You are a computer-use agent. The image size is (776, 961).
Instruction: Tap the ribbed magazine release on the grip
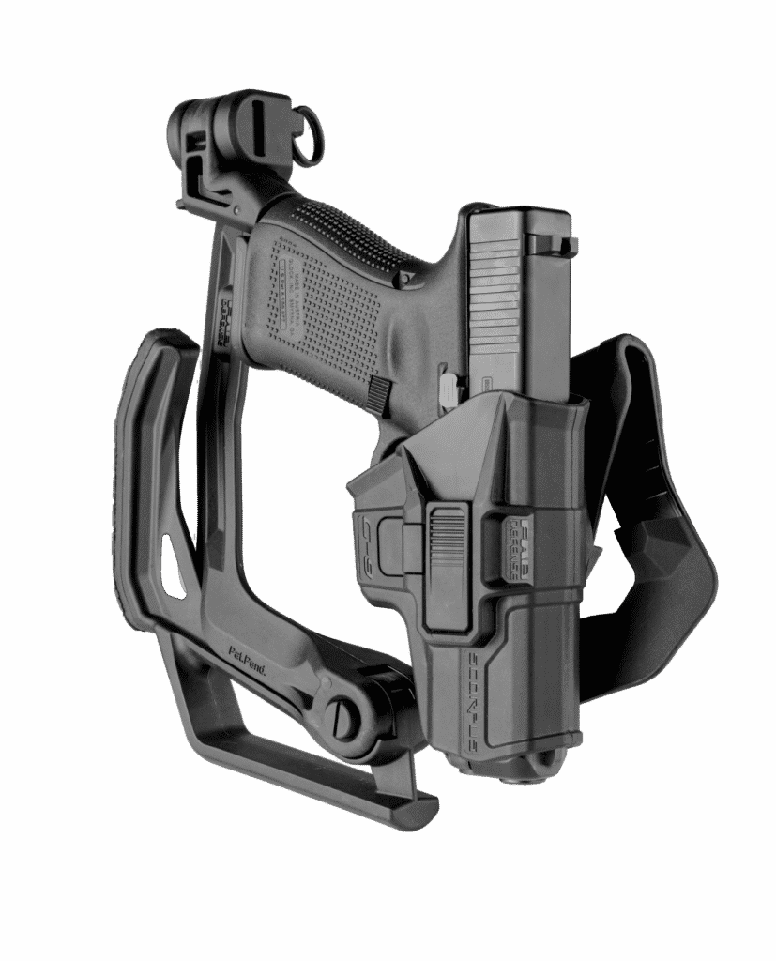coord(380,394)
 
